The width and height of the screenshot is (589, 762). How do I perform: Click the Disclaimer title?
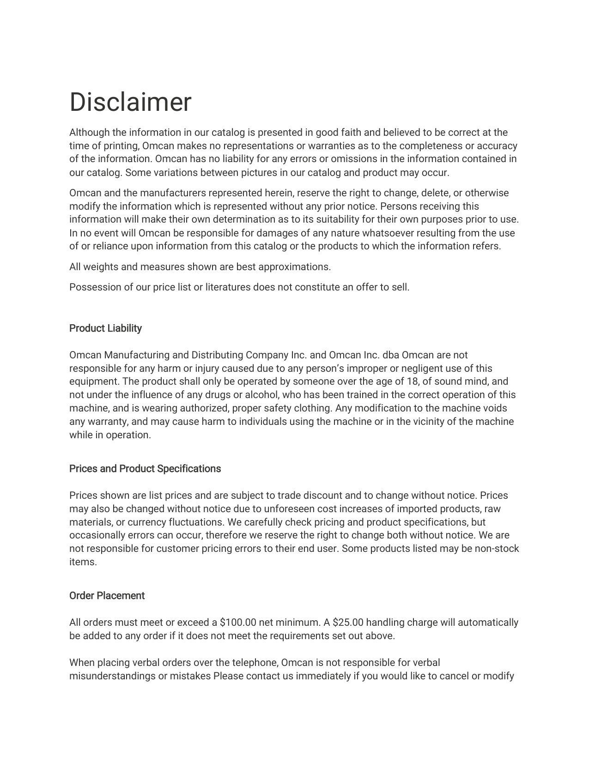[130, 102]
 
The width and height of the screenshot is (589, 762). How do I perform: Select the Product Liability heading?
[105, 328]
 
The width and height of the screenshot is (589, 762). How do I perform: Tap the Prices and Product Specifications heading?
[145, 469]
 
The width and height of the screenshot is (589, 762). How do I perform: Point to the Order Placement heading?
[107, 596]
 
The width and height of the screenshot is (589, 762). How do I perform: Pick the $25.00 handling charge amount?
[347, 623]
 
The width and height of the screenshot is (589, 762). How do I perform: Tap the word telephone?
[253, 663]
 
